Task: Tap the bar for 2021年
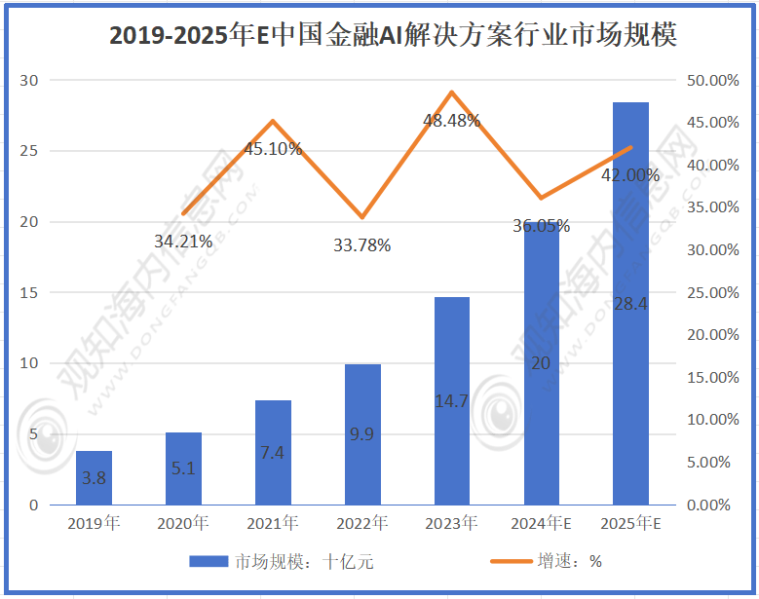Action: (x=273, y=452)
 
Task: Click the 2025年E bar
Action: (x=630, y=303)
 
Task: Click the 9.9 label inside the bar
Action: (x=361, y=434)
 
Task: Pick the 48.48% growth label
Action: (x=451, y=121)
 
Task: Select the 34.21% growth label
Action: (x=183, y=241)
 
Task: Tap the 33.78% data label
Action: (x=361, y=245)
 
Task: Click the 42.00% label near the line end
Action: (x=630, y=175)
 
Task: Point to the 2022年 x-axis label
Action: (x=361, y=524)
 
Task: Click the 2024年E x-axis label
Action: (x=541, y=524)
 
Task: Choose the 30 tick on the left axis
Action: (x=30, y=80)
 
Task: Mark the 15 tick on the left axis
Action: (x=30, y=292)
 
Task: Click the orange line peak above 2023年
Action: (x=451, y=93)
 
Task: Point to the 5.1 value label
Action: (x=183, y=468)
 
